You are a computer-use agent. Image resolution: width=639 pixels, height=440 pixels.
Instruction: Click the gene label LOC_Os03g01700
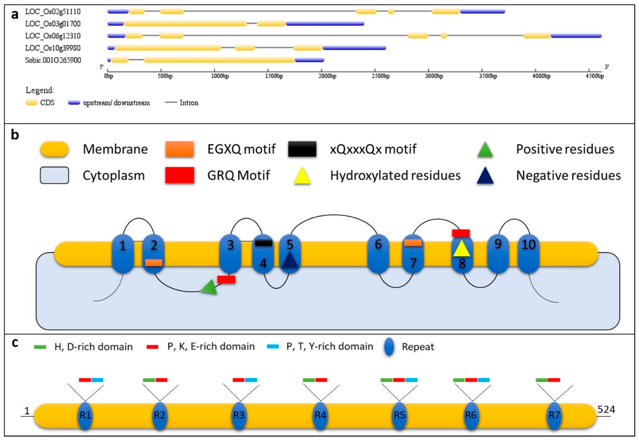[53, 24]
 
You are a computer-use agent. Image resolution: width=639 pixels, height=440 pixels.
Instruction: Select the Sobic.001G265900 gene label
[53, 60]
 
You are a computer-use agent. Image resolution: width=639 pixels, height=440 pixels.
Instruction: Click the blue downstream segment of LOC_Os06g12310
[576, 36]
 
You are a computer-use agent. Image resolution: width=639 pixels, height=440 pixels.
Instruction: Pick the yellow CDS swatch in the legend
[32, 103]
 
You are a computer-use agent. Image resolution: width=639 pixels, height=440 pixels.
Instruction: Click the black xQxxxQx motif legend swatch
[302, 149]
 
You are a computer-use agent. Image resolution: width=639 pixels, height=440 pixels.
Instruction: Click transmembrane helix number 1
[123, 254]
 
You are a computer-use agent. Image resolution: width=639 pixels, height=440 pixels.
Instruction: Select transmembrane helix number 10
[528, 254]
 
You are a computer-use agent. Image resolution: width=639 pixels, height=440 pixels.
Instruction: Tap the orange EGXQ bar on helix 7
[413, 243]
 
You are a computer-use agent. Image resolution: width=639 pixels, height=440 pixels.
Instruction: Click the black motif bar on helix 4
[263, 243]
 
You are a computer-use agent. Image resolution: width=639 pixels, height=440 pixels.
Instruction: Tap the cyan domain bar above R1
[97, 380]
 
